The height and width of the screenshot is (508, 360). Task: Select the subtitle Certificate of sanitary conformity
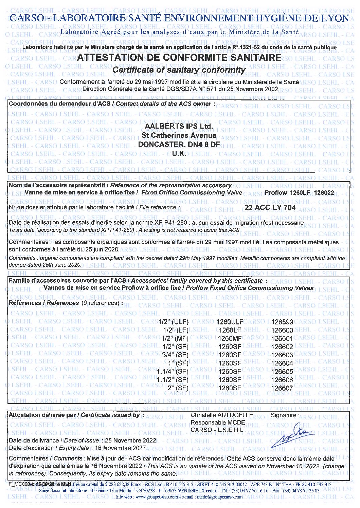[179, 70]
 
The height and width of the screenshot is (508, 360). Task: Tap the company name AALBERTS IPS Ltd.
[179, 126]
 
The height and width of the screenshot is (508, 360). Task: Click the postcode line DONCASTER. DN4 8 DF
[179, 145]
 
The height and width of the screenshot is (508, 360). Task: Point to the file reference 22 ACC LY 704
[270, 207]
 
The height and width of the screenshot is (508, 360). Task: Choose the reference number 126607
[282, 388]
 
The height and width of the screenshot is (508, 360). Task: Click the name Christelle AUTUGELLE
[222, 415]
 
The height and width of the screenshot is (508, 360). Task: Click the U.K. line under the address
[179, 153]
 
